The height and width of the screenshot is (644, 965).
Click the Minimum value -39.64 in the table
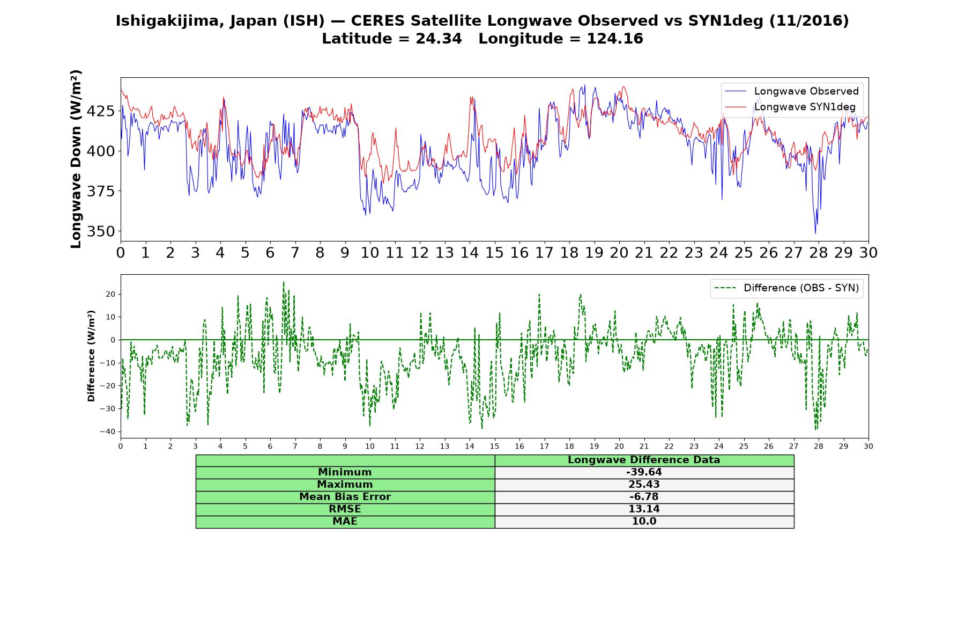[644, 472]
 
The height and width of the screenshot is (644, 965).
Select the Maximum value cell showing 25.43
[644, 485]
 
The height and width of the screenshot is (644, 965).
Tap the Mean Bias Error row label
[345, 497]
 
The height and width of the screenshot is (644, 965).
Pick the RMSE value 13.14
[644, 509]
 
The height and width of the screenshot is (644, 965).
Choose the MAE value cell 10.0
[644, 522]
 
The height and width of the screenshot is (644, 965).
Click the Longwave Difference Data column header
[644, 460]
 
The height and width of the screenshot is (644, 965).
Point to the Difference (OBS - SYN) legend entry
[786, 288]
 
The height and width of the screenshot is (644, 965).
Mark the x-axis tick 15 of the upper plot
[494, 253]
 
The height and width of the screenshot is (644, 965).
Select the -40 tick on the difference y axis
[108, 431]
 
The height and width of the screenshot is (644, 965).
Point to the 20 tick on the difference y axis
[111, 294]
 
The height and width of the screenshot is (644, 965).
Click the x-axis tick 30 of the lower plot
[868, 446]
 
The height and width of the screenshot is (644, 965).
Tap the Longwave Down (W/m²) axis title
[76, 159]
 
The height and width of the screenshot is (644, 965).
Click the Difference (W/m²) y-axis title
[91, 356]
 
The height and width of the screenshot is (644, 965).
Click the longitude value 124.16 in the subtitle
[615, 39]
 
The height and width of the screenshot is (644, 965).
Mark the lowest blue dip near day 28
[815, 233]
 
